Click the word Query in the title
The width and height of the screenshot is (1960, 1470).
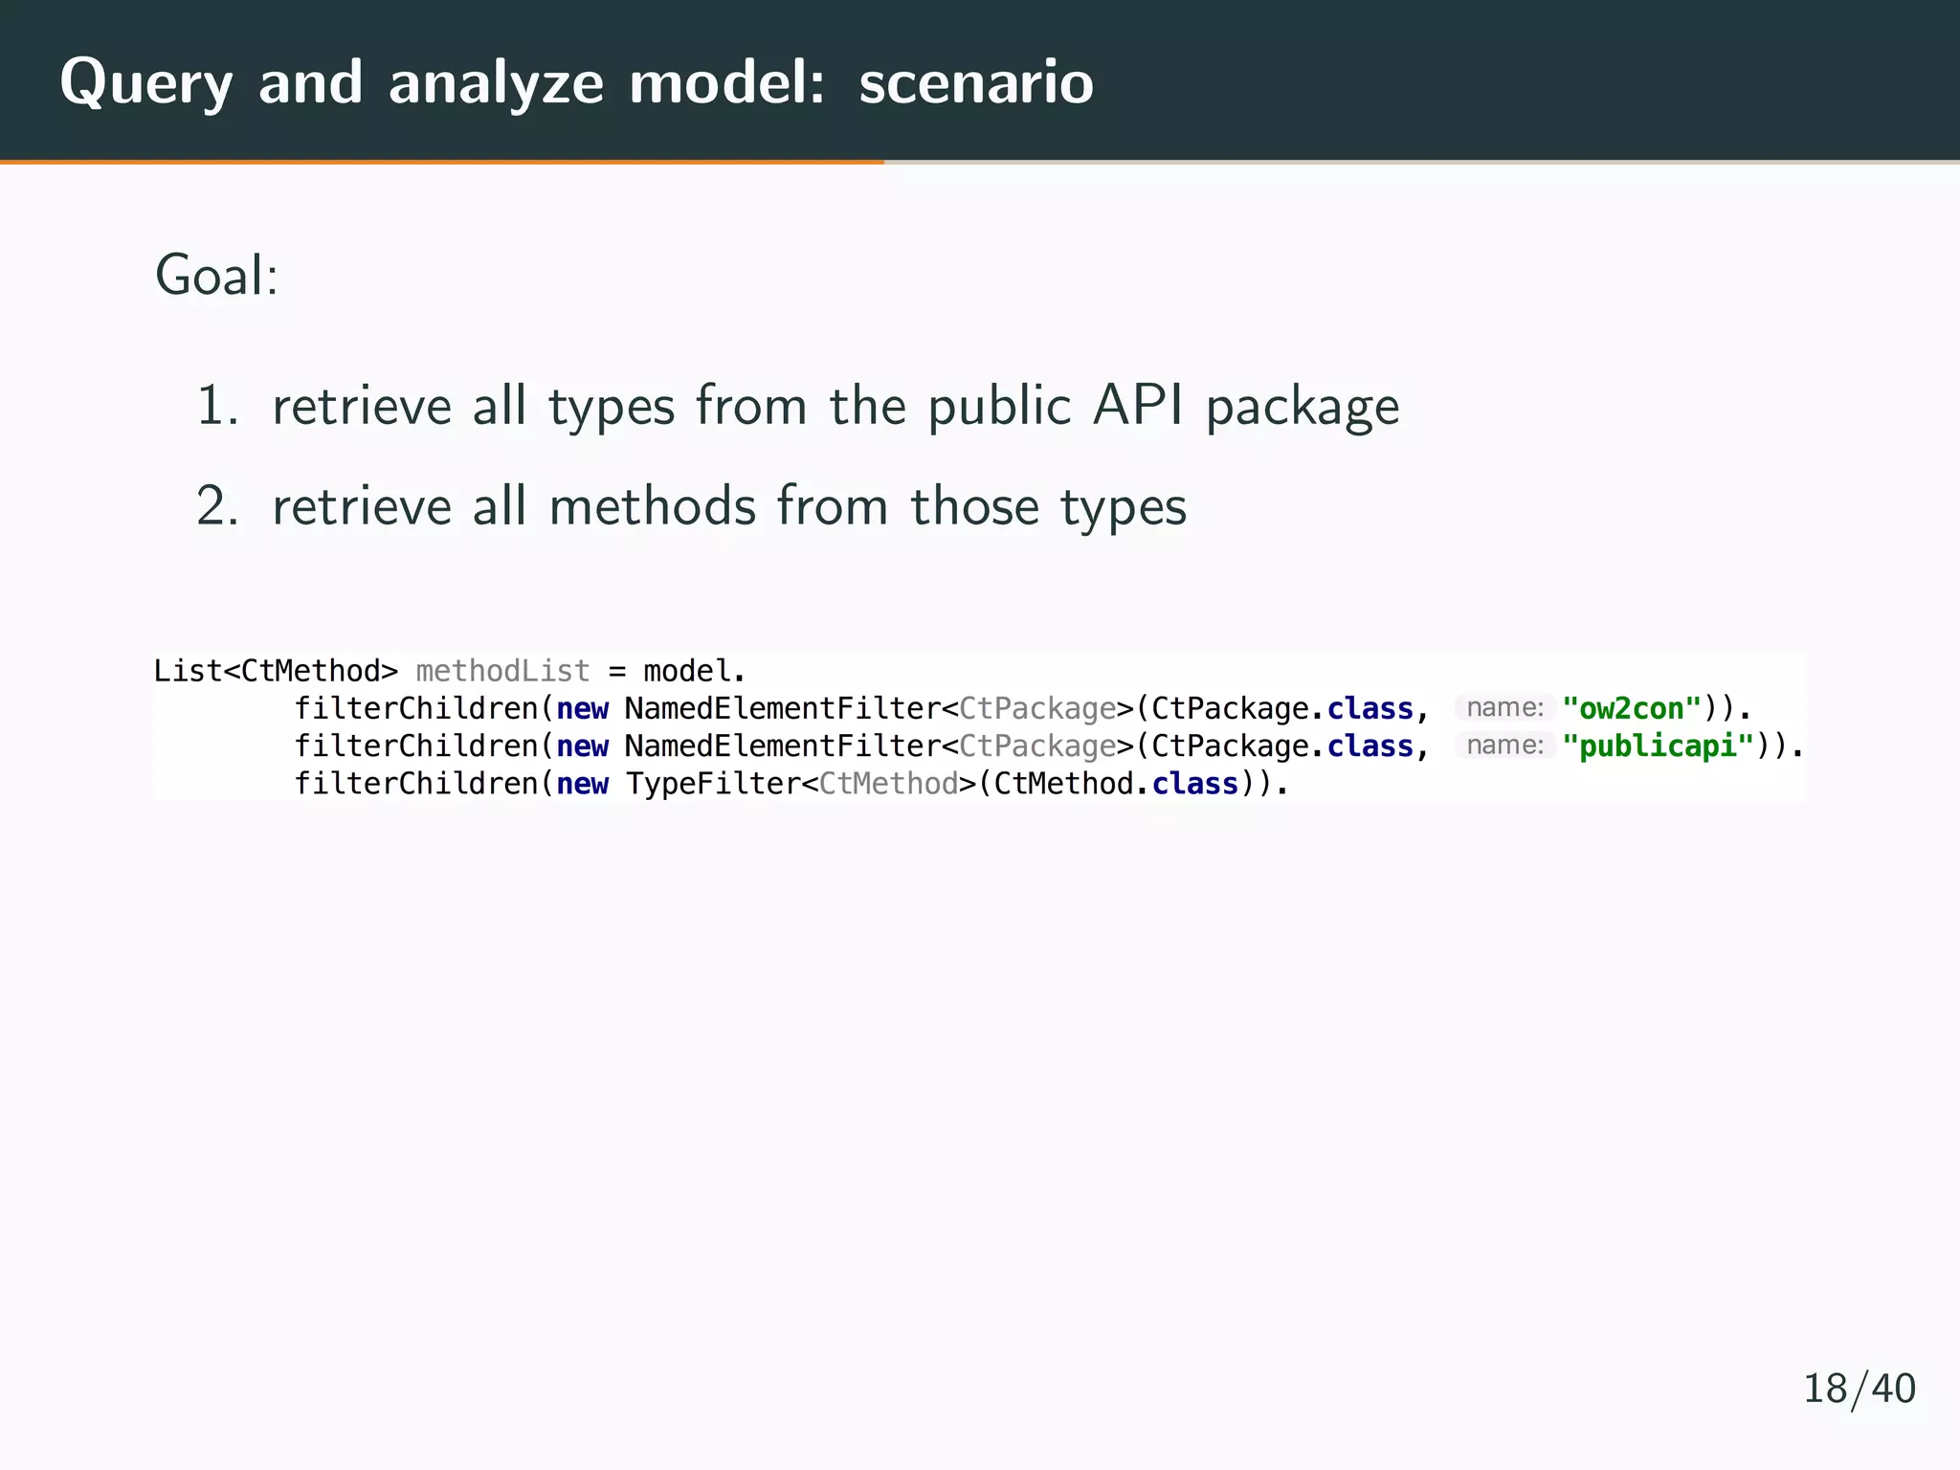(145, 83)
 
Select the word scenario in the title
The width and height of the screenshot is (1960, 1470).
(976, 83)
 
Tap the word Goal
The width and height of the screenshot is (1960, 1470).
(216, 276)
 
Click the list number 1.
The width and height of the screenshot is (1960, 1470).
(216, 406)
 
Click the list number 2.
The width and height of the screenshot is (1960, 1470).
(216, 506)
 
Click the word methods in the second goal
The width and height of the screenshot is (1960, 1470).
(652, 506)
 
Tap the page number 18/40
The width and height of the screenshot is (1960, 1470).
(1859, 1389)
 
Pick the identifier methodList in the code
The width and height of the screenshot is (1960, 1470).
(502, 671)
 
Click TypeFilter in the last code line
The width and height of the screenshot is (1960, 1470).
(713, 784)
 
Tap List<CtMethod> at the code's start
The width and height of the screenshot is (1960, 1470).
(276, 671)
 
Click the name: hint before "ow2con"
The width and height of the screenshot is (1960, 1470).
(1504, 708)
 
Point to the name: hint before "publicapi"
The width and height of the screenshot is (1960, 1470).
(1504, 746)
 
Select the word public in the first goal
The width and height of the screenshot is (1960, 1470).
(999, 406)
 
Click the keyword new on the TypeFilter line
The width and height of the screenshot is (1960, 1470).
(582, 784)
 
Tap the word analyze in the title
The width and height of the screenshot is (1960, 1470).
(496, 83)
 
